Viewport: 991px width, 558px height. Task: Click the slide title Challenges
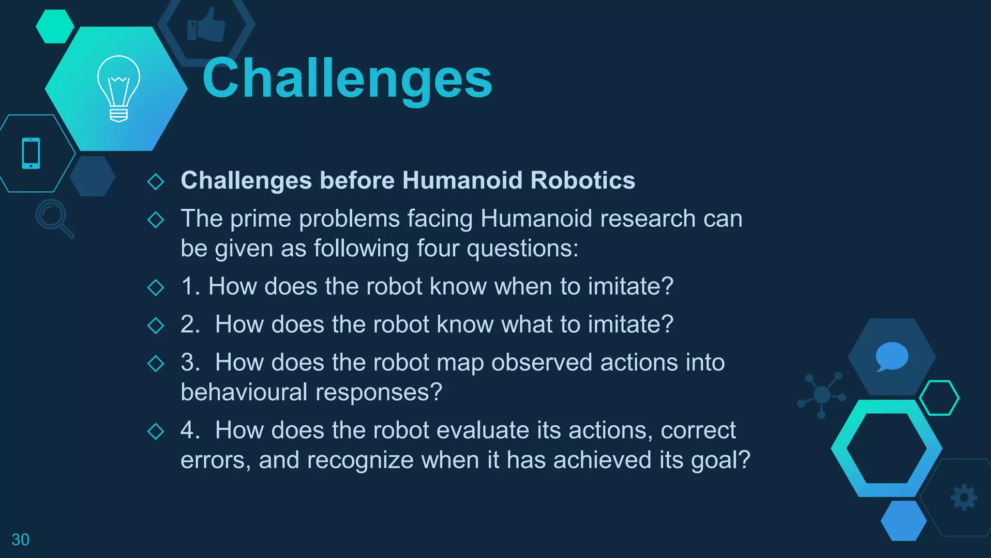(x=347, y=78)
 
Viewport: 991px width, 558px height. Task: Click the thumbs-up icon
(x=206, y=25)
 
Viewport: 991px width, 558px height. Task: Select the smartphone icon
(x=31, y=154)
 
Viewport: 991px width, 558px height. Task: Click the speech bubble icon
(x=891, y=356)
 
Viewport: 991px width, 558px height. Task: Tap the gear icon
(x=964, y=497)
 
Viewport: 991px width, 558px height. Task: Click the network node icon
(x=822, y=395)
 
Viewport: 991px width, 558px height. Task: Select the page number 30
(x=20, y=540)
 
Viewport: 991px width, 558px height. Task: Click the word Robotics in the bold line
(x=583, y=180)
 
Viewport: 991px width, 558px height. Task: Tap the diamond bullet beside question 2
(x=156, y=325)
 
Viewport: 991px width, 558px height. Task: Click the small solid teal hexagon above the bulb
(x=55, y=26)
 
